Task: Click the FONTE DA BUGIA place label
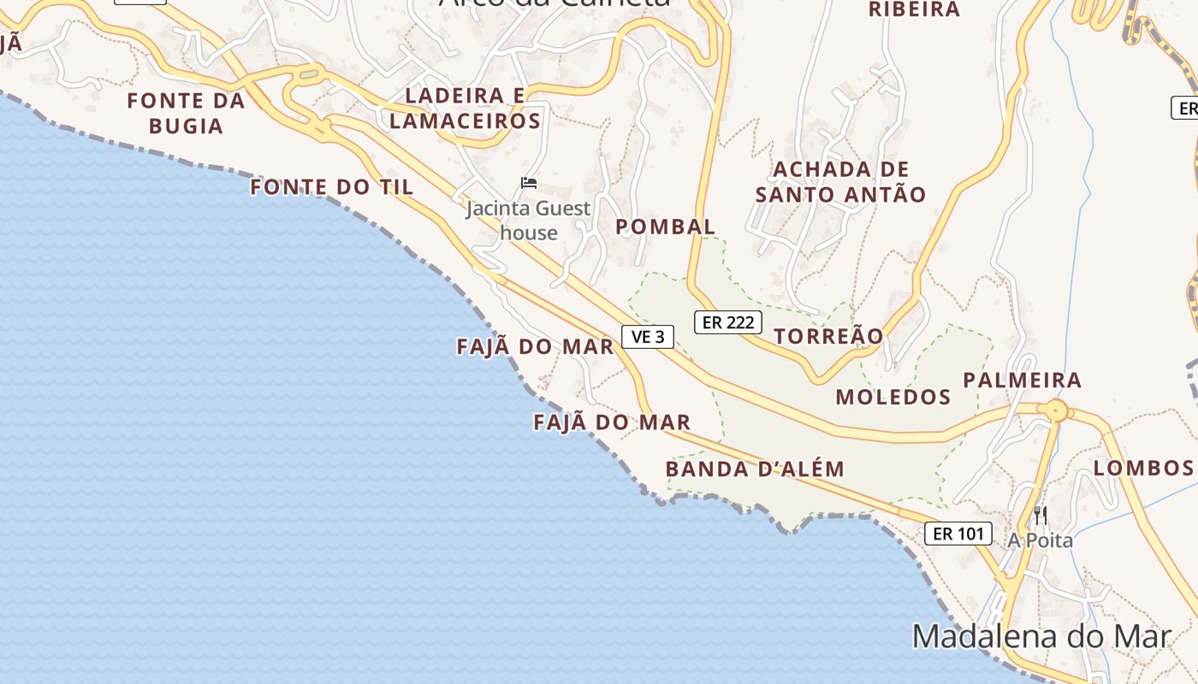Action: coord(186,113)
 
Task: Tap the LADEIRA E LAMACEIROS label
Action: coord(465,108)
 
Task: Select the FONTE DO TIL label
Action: coord(332,186)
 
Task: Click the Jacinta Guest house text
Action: coord(528,220)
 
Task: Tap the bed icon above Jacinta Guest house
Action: coord(529,182)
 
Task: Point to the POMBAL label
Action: coord(665,227)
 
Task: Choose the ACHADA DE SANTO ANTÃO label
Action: coord(840,181)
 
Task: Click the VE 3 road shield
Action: coord(648,337)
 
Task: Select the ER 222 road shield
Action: coord(727,322)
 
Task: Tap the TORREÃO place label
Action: coord(828,336)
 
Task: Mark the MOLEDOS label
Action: coord(893,397)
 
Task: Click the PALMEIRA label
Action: coord(1023,380)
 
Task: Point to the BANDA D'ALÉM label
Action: coord(755,469)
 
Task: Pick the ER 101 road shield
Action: coord(958,534)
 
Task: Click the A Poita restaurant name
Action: coord(1040,540)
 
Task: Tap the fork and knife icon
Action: coord(1041,515)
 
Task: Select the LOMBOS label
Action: coord(1143,468)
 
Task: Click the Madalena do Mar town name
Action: coord(1041,637)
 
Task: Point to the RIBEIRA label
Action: coord(915,9)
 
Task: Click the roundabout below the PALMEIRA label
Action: coord(1058,411)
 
